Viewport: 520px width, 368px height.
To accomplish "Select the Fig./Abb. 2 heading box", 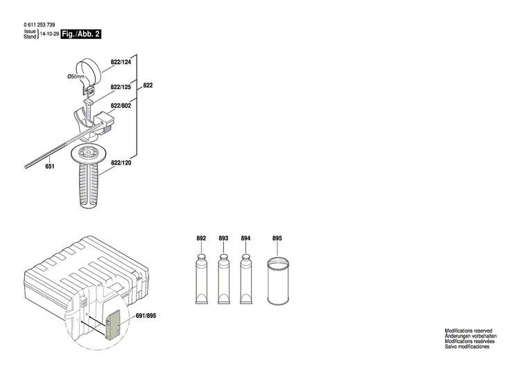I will coord(80,34).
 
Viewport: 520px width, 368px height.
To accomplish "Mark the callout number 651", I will coord(50,167).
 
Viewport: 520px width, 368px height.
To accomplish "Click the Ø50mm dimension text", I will coord(75,76).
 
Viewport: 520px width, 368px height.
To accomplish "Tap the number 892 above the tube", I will coord(201,239).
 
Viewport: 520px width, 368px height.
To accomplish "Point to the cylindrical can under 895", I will coord(278,281).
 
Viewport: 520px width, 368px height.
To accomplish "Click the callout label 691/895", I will coord(146,316).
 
